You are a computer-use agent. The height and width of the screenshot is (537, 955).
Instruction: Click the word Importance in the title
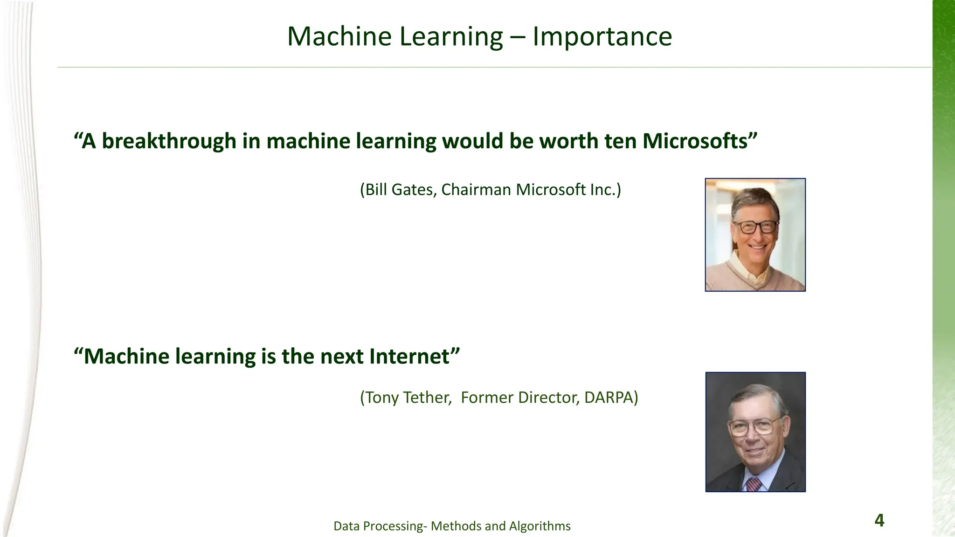[x=602, y=36]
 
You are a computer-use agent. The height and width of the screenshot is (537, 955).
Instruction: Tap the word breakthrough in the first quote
[x=169, y=141]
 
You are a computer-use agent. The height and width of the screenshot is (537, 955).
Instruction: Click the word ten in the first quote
[x=621, y=141]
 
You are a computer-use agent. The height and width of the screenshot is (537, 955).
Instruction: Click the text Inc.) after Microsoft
[x=605, y=190]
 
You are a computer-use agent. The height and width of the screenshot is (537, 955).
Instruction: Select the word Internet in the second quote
[x=409, y=357]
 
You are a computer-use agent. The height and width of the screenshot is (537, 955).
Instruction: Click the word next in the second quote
[x=342, y=357]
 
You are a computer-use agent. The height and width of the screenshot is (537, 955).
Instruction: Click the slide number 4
[x=879, y=520]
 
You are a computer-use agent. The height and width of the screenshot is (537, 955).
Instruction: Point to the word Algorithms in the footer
[x=540, y=526]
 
